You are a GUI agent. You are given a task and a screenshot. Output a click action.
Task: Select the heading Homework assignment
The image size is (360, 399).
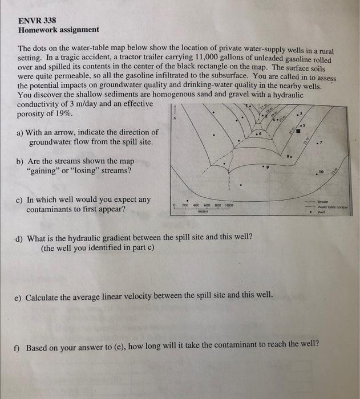(x=58, y=30)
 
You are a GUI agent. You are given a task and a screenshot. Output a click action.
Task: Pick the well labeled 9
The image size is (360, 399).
(x=263, y=167)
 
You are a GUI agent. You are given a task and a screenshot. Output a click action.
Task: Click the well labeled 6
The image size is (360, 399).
(x=258, y=135)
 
